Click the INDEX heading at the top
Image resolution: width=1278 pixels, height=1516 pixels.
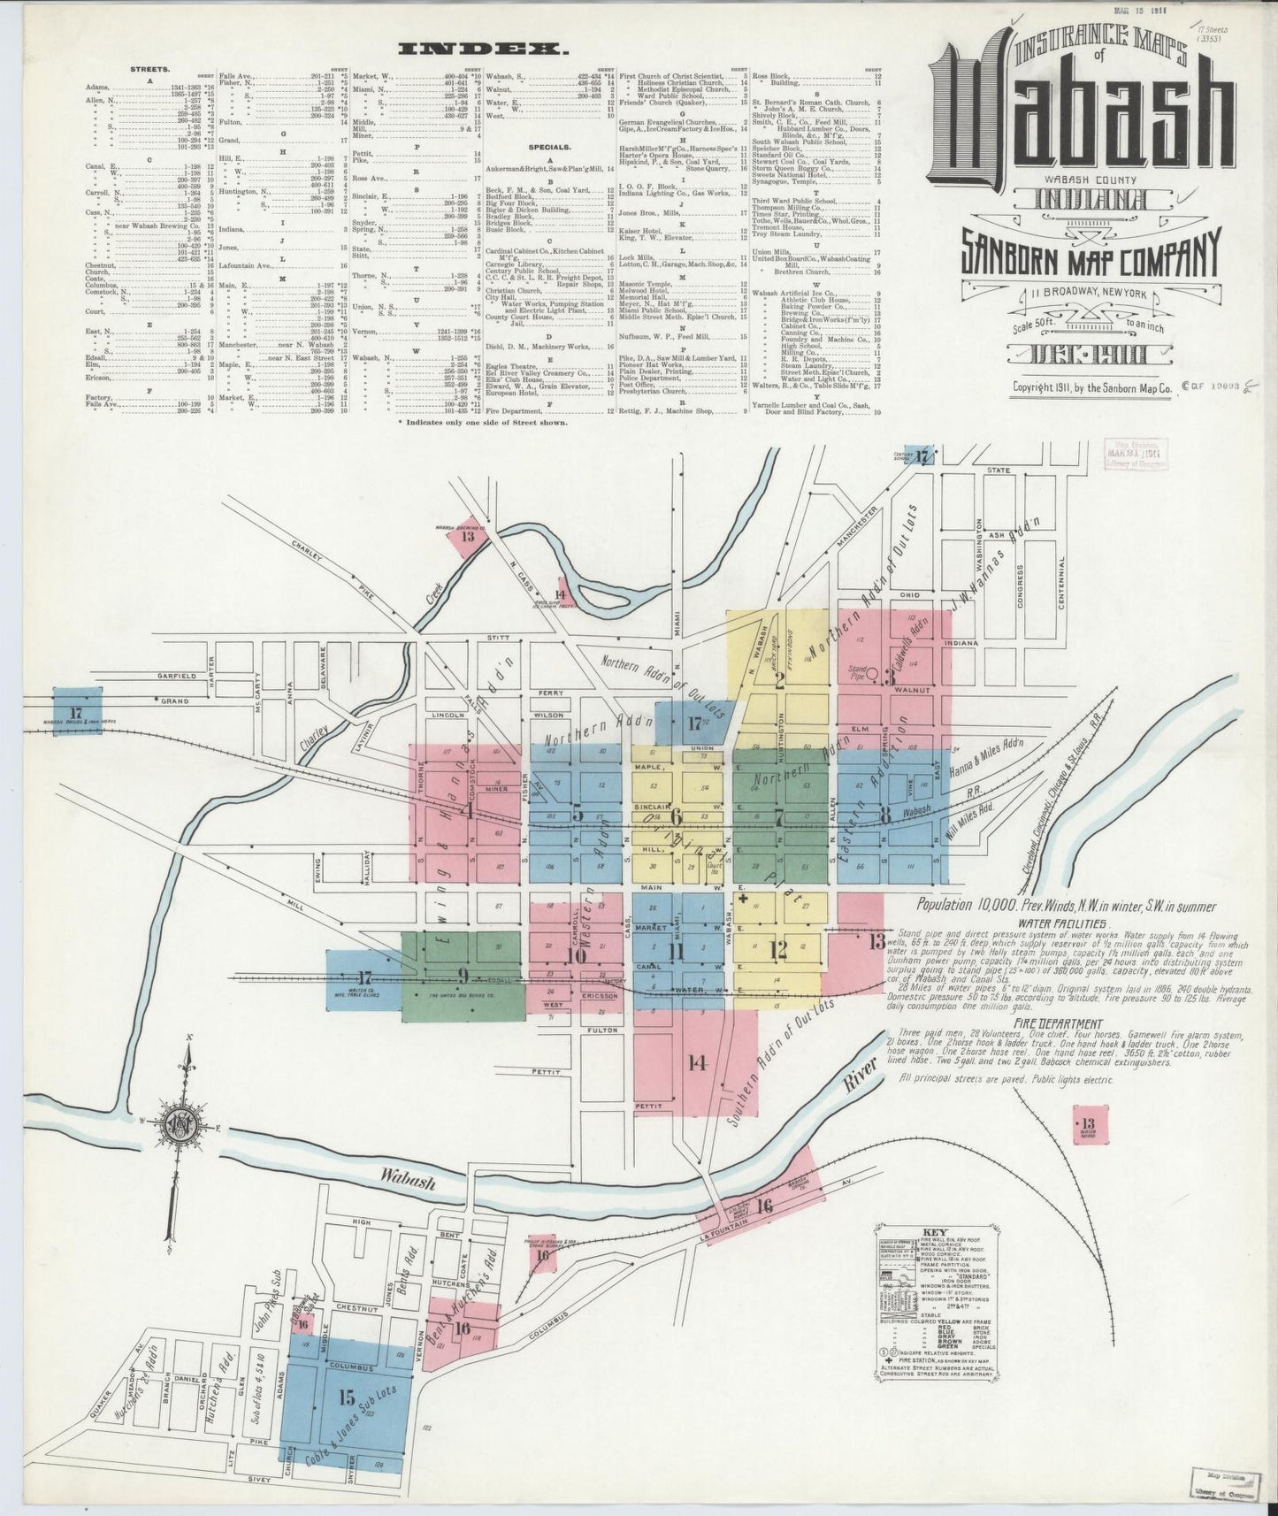[484, 50]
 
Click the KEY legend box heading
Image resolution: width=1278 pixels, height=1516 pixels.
[935, 1232]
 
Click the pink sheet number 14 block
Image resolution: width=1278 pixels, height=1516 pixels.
[698, 1062]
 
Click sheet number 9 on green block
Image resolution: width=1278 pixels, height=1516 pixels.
[462, 976]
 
